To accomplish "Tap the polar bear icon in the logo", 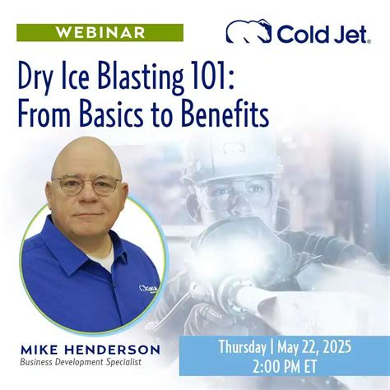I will (248, 32).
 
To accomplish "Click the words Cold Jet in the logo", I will (323, 33).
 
